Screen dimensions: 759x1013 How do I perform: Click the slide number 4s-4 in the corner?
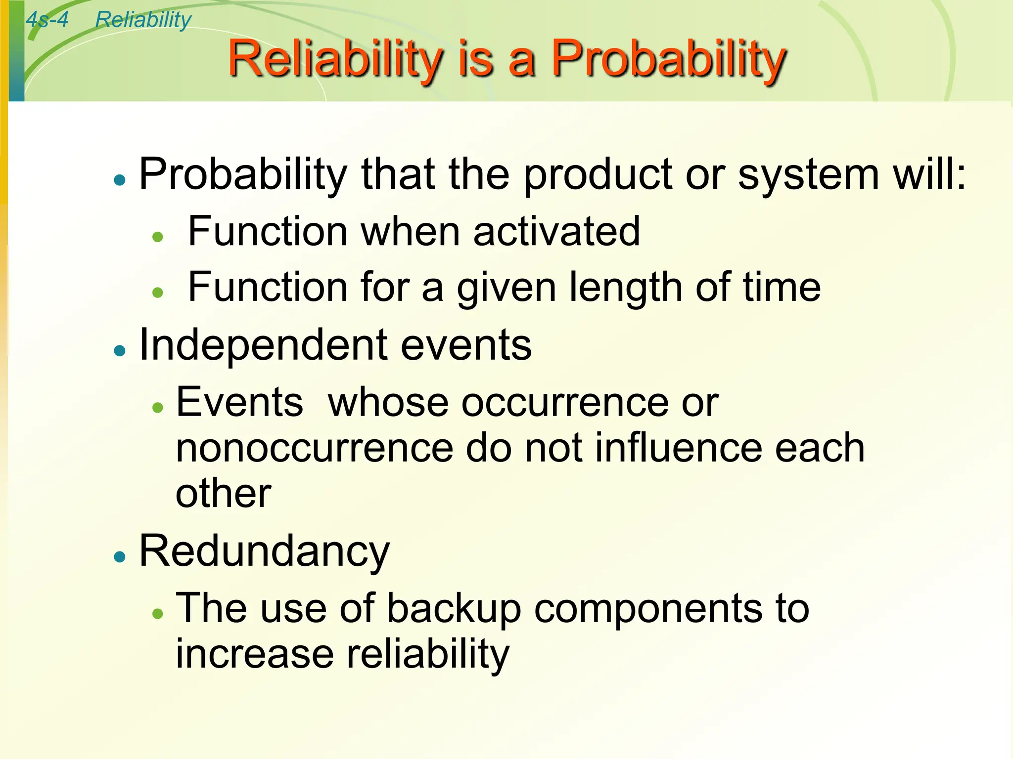pos(47,20)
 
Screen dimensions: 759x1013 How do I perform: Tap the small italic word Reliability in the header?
pos(143,20)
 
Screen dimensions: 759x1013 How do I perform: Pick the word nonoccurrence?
pos(315,448)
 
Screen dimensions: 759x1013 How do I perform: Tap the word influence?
pos(677,448)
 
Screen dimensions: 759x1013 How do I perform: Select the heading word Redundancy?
pos(265,551)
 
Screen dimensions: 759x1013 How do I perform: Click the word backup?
pos(454,609)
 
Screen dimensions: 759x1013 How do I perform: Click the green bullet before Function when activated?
pos(158,237)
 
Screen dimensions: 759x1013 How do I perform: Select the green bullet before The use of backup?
pos(158,614)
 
